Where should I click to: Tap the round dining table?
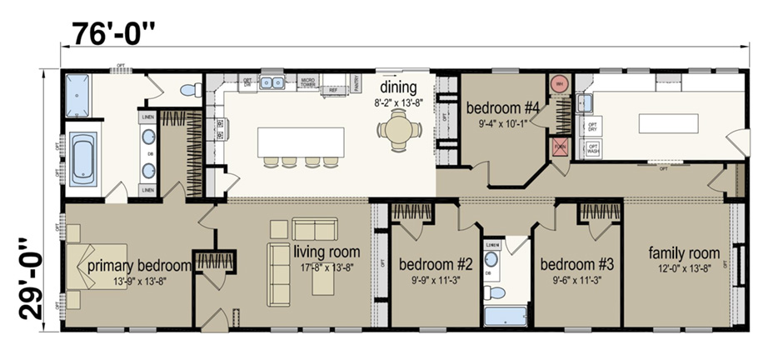coord(394,130)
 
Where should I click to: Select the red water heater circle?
coord(558,84)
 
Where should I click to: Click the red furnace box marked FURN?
coord(560,147)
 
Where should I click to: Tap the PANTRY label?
coord(356,82)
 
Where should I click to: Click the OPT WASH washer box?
coord(593,150)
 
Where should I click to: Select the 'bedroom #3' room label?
coord(576,265)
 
